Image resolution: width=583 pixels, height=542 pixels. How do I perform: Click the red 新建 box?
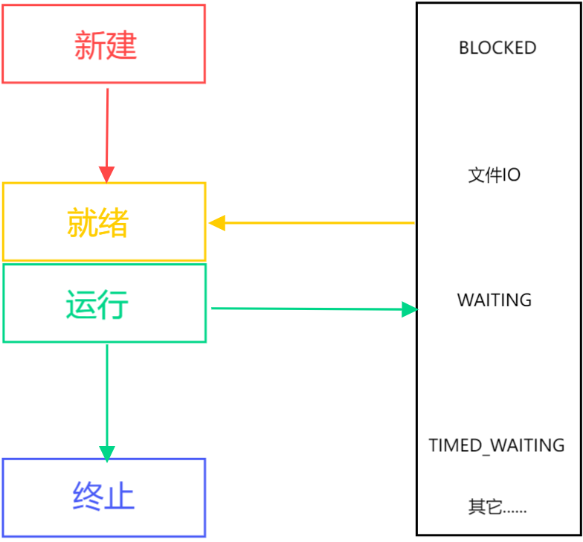click(x=104, y=45)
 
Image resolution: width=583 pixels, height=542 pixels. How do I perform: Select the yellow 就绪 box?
click(x=104, y=222)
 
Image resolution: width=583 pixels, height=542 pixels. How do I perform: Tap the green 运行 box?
click(x=104, y=303)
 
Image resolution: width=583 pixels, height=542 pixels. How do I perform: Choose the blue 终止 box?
click(x=104, y=497)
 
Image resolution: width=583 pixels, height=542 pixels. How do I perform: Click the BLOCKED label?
click(x=497, y=48)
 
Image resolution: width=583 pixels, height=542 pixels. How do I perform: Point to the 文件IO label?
click(x=495, y=175)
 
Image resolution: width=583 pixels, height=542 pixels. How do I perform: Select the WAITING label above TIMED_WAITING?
click(x=495, y=300)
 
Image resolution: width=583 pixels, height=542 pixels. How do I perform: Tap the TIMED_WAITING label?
click(x=497, y=445)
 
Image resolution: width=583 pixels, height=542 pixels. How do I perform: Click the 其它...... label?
click(x=497, y=508)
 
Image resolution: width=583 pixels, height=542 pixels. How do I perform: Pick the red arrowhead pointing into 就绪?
click(x=107, y=175)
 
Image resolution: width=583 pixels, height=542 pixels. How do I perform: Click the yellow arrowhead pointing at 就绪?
click(x=217, y=223)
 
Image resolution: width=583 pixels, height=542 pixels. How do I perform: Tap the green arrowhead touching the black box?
click(x=409, y=309)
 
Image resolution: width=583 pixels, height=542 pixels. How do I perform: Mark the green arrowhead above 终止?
click(x=107, y=452)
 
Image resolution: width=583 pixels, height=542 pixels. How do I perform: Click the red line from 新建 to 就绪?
click(x=108, y=126)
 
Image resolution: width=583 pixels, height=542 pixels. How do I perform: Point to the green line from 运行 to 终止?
click(x=107, y=394)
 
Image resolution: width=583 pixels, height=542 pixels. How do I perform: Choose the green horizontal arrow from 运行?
click(x=305, y=309)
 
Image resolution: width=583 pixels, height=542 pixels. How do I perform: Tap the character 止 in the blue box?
click(x=120, y=497)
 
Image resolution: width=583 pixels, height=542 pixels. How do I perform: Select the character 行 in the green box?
click(x=115, y=304)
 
